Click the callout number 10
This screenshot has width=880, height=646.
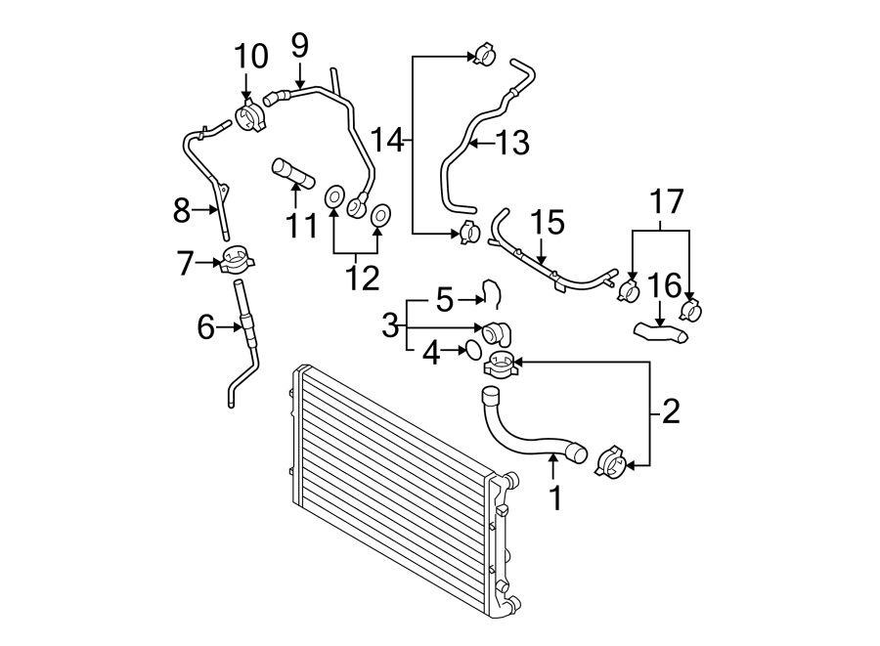pos(250,57)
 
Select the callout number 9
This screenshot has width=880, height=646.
pos(299,44)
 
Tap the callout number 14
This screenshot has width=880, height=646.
pos(387,142)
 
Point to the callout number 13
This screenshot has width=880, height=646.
pos(511,145)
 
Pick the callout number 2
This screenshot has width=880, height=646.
pos(670,411)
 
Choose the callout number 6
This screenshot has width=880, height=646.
pos(205,327)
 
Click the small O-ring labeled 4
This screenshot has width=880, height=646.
pos(470,349)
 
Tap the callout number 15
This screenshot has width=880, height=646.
pos(548,223)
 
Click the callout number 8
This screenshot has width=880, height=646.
pos(181,209)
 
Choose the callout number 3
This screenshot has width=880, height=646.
pos(390,323)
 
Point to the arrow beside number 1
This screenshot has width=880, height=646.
pos(554,469)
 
